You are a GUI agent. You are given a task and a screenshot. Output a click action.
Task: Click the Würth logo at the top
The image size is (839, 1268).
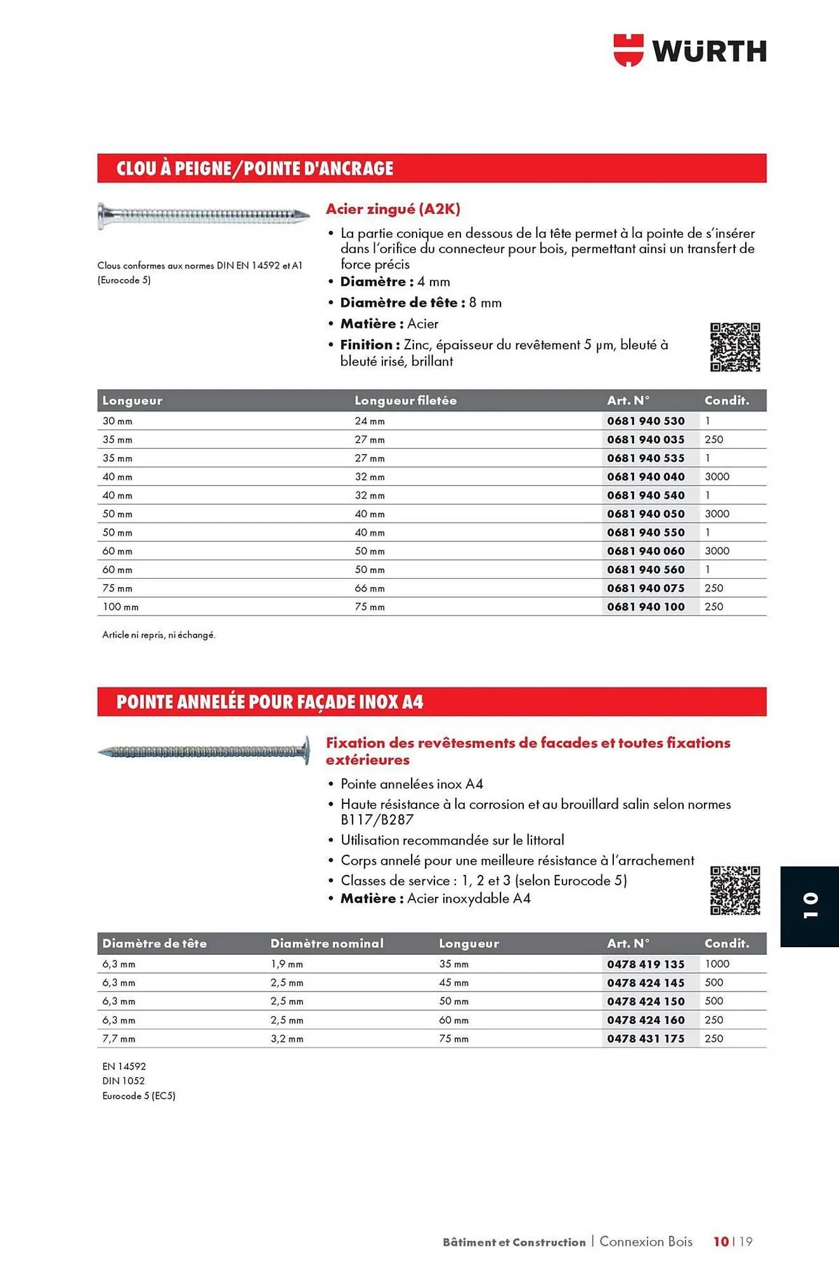pyautogui.click(x=690, y=50)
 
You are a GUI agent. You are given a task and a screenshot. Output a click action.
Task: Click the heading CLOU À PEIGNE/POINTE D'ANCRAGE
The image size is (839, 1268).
pyautogui.click(x=254, y=169)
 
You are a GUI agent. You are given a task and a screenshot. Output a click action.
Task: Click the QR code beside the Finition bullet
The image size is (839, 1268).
pyautogui.click(x=734, y=347)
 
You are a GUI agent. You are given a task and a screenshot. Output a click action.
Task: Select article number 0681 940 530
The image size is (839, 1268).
pyautogui.click(x=646, y=421)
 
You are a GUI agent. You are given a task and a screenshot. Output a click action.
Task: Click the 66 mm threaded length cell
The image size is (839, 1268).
pyautogui.click(x=370, y=588)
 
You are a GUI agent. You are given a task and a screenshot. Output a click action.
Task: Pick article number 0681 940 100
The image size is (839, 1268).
pyautogui.click(x=646, y=607)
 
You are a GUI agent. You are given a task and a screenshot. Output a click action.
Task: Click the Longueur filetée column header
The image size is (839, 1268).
pyautogui.click(x=405, y=401)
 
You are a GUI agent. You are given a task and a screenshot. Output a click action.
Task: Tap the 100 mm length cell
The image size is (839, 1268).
pyautogui.click(x=120, y=607)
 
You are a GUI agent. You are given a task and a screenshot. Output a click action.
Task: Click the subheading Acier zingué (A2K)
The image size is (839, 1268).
pyautogui.click(x=393, y=209)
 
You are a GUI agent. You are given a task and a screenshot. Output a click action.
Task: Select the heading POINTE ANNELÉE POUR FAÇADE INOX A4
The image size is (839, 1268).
pyautogui.click(x=270, y=702)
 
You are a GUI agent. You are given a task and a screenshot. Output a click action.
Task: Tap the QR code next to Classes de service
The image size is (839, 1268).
pyautogui.click(x=734, y=890)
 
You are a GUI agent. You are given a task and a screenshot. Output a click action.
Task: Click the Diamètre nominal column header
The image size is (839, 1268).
pyautogui.click(x=327, y=943)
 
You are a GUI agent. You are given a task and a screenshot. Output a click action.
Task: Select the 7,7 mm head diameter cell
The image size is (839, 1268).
pyautogui.click(x=119, y=1038)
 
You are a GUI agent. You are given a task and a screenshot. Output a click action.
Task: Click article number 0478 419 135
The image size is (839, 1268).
pyautogui.click(x=646, y=964)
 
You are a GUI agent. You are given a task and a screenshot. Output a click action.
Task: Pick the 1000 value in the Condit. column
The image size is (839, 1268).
pyautogui.click(x=717, y=964)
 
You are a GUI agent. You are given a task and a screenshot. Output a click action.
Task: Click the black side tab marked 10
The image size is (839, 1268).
pyautogui.click(x=810, y=906)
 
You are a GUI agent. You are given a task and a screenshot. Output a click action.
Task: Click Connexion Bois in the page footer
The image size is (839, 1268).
pyautogui.click(x=646, y=1241)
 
